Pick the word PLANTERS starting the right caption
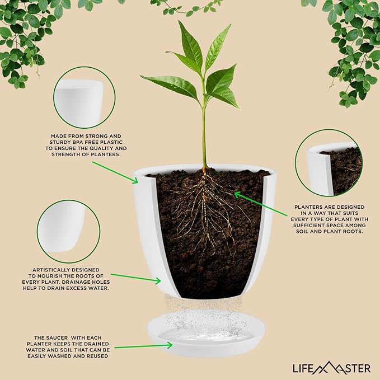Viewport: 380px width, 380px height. point(310,207)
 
